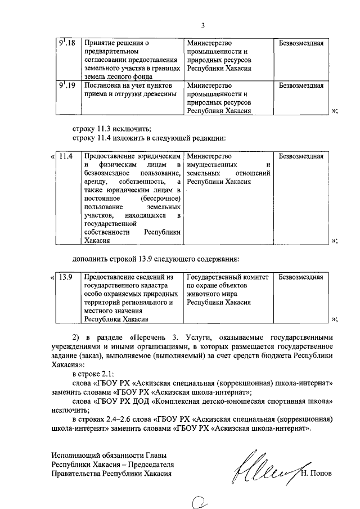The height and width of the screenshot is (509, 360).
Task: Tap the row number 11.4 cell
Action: (x=66, y=155)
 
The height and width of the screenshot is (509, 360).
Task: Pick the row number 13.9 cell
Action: (x=66, y=277)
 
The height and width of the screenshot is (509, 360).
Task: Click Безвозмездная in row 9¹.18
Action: (x=301, y=43)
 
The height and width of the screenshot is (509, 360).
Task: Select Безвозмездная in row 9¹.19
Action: (x=301, y=86)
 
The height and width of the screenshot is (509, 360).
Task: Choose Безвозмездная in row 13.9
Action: (x=301, y=277)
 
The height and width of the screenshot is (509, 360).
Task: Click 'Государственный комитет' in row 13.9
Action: (x=228, y=277)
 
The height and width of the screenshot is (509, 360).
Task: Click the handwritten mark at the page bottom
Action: (x=199, y=499)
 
